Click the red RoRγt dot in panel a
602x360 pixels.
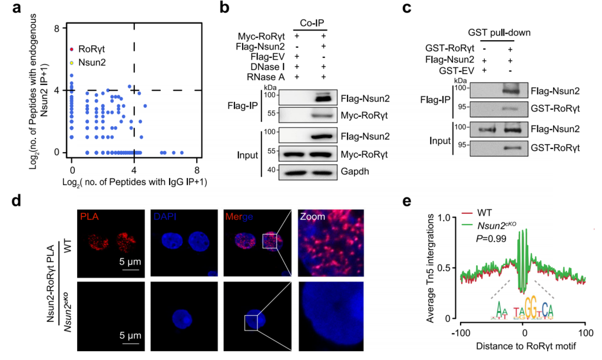tap(71, 49)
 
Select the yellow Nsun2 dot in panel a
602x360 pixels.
tap(71, 62)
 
